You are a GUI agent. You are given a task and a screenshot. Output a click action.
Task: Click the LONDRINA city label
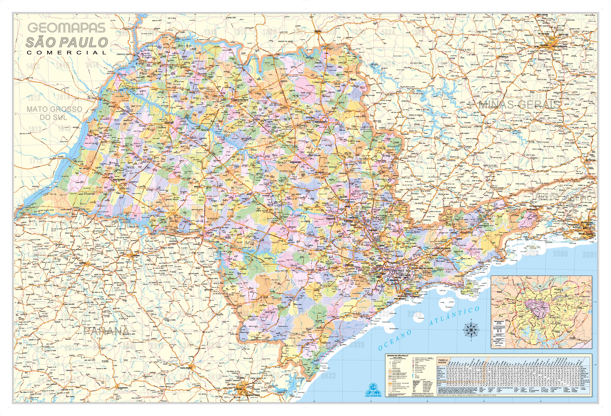(x=136, y=255)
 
